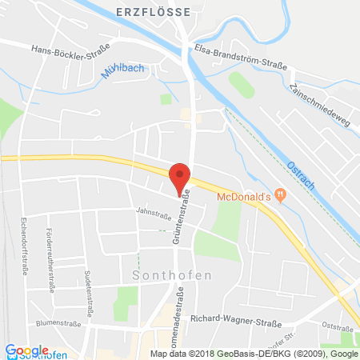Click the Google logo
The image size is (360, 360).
[x=26, y=350]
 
